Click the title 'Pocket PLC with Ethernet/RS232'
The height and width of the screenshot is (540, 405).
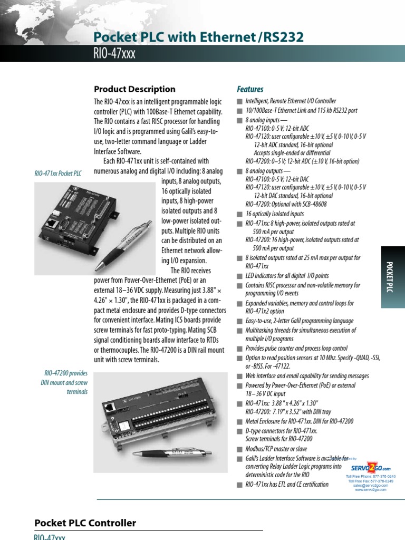coord(198,36)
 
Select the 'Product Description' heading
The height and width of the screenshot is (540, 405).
coord(134,89)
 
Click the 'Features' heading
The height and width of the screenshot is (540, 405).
coord(250,89)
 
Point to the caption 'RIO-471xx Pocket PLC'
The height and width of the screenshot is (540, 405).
coord(58,173)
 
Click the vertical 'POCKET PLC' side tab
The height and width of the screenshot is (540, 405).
coord(391,277)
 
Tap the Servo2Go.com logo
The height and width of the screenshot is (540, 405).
coord(371,467)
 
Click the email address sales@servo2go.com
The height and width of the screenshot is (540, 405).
coord(371,485)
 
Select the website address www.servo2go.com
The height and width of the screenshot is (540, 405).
coord(371,489)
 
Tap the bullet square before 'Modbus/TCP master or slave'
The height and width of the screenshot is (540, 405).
coord(240,448)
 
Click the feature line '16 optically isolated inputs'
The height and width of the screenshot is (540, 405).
coord(274,214)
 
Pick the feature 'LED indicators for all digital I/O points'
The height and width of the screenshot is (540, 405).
coord(287,276)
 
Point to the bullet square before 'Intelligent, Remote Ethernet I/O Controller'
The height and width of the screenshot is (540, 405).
coord(240,101)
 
